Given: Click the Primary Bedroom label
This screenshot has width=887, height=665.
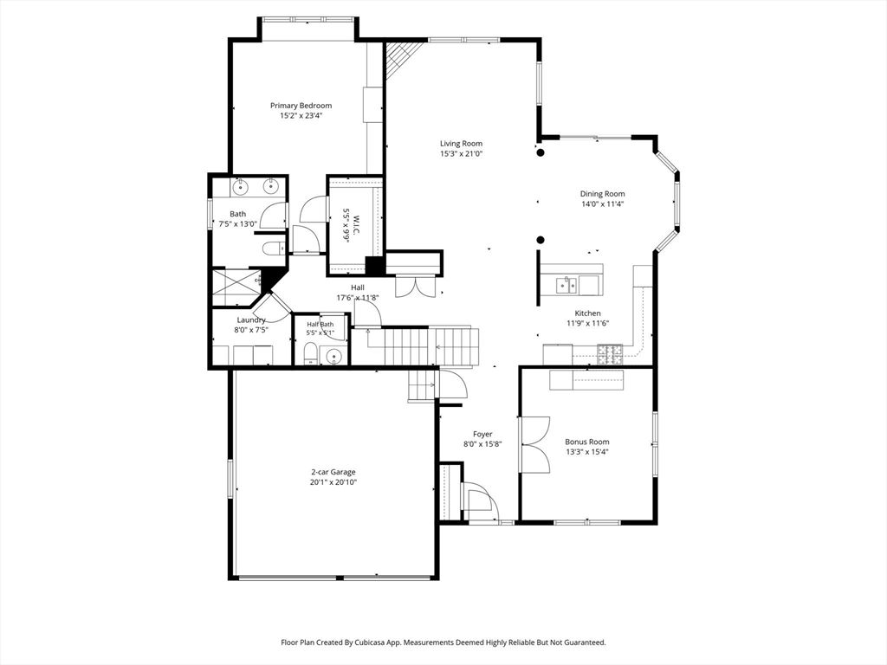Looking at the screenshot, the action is [x=301, y=106].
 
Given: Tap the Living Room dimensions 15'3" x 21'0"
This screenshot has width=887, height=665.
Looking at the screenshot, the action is [x=461, y=154].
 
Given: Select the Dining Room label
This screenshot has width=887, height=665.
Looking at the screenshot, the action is [x=602, y=194].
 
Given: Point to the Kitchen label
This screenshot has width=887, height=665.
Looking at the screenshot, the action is [x=587, y=313].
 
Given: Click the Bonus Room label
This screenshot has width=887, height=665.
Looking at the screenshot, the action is [x=587, y=442].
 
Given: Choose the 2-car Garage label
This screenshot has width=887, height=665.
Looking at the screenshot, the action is [x=333, y=472].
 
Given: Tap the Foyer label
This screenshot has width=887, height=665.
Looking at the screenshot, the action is [x=482, y=435].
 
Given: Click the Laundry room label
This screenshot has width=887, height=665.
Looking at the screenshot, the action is [x=251, y=320].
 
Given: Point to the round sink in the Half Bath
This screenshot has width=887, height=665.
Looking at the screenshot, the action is [x=334, y=356].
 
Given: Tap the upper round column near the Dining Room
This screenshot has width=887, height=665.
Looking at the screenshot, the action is [x=541, y=152].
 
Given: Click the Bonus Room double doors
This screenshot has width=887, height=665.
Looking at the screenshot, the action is [x=534, y=445].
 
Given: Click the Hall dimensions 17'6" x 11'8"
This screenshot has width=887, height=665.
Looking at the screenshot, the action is [x=358, y=298].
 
